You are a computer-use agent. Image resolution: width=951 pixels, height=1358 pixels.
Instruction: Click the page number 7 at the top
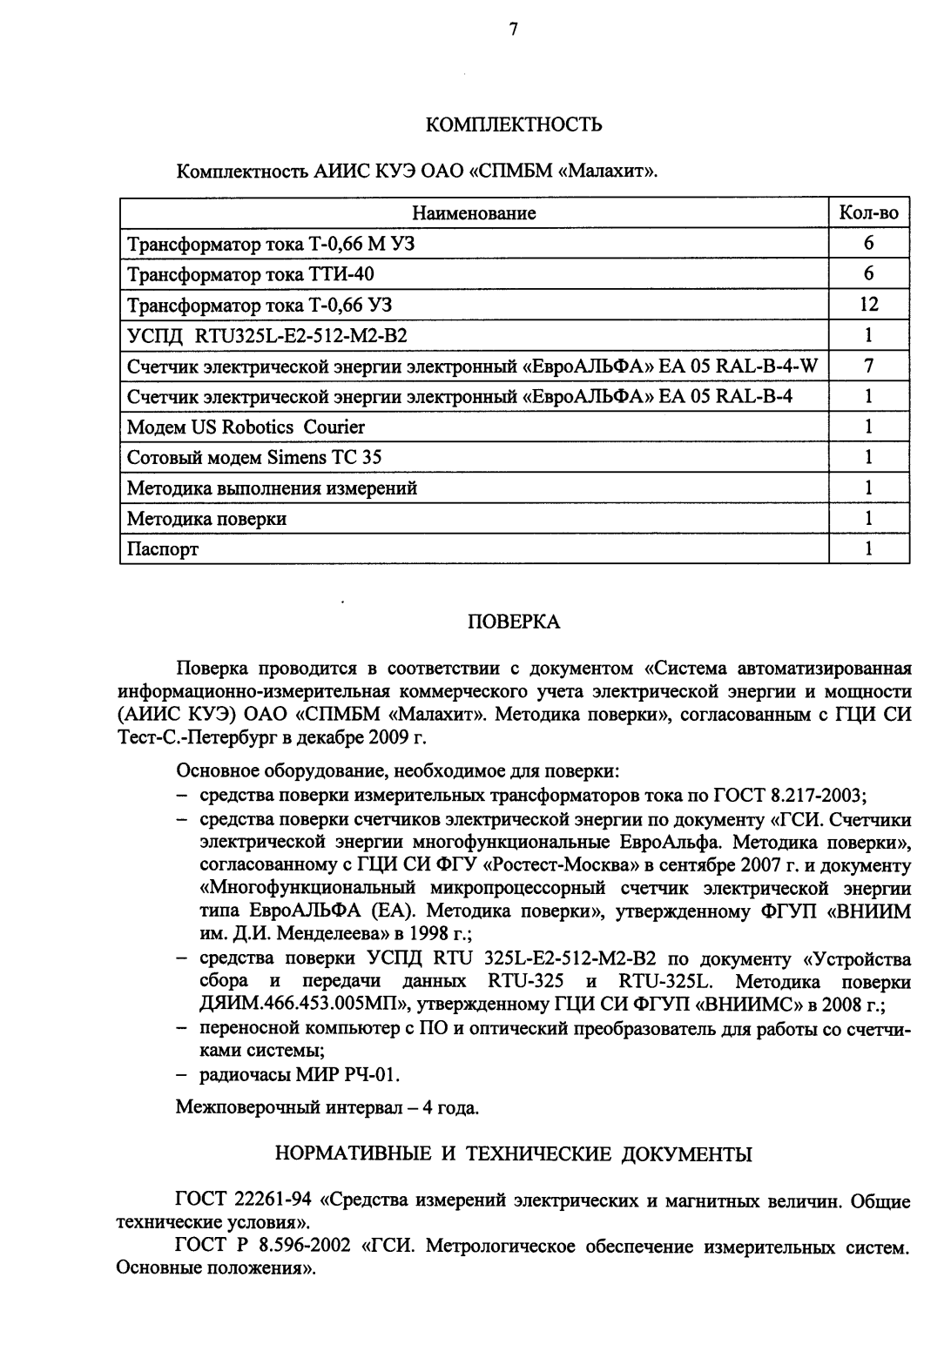point(514,30)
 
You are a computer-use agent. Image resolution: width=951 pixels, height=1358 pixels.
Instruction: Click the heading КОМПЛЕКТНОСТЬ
point(514,124)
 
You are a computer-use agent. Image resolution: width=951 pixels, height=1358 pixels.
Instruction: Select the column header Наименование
point(474,213)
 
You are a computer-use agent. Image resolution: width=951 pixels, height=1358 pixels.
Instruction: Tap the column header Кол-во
point(868,213)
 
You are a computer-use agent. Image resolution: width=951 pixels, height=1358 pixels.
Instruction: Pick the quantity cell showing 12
point(868,305)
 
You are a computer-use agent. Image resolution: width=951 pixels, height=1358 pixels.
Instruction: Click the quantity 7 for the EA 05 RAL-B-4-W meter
point(868,366)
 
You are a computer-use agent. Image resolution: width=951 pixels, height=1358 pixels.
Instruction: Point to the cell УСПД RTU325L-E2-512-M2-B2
point(267,336)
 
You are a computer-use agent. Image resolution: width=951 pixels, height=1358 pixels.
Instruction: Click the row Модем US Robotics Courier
point(246,427)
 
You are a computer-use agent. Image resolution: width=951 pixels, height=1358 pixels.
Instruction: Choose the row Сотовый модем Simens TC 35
point(254,458)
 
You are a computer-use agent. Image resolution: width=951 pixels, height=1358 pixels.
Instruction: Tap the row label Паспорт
point(163,549)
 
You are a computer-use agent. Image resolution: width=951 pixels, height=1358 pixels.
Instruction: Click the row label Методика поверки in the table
point(206,519)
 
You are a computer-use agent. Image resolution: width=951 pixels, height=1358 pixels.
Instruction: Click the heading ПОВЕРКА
point(514,622)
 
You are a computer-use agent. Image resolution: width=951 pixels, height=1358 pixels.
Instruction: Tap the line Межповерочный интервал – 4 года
point(327,1109)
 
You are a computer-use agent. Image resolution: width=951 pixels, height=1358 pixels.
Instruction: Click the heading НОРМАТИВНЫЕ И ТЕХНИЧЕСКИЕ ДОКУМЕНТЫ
point(514,1155)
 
